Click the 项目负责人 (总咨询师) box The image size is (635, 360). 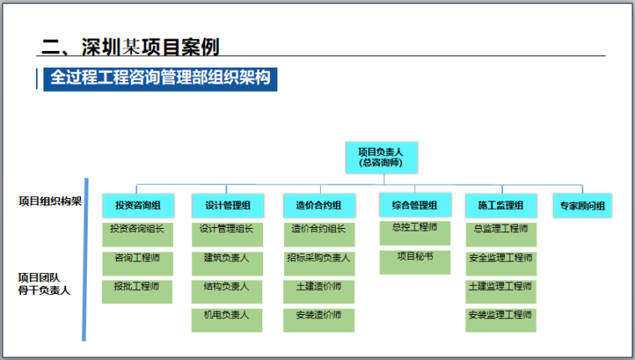tap(380, 158)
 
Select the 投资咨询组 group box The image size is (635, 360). tap(138, 205)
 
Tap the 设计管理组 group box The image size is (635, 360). tap(227, 205)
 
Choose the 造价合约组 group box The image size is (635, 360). tap(318, 205)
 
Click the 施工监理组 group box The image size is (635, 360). tap(500, 205)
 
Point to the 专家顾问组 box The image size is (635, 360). tap(582, 205)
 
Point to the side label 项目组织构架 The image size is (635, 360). tap(50, 201)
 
